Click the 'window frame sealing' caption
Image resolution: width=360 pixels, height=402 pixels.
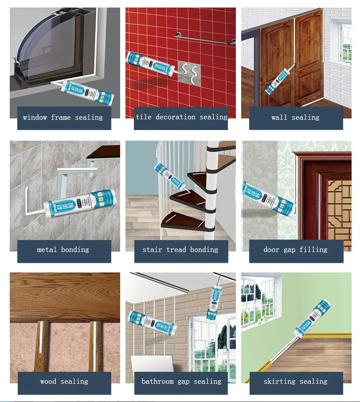tap(63, 118)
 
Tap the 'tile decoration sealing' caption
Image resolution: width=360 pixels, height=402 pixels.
tap(181, 117)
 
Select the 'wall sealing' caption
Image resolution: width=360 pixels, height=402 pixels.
tap(295, 118)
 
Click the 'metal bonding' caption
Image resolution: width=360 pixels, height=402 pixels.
tap(63, 250)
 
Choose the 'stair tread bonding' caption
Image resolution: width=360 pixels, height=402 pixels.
tap(180, 250)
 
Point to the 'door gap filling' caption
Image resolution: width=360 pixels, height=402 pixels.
tap(295, 250)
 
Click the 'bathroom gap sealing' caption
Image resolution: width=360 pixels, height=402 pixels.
tap(181, 382)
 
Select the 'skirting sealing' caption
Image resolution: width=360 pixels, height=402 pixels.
tap(295, 382)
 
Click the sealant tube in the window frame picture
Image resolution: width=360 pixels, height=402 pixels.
tap(86, 91)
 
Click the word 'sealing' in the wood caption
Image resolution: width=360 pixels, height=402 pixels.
tap(74, 382)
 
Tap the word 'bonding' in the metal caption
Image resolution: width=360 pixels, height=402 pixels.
tap(75, 250)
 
